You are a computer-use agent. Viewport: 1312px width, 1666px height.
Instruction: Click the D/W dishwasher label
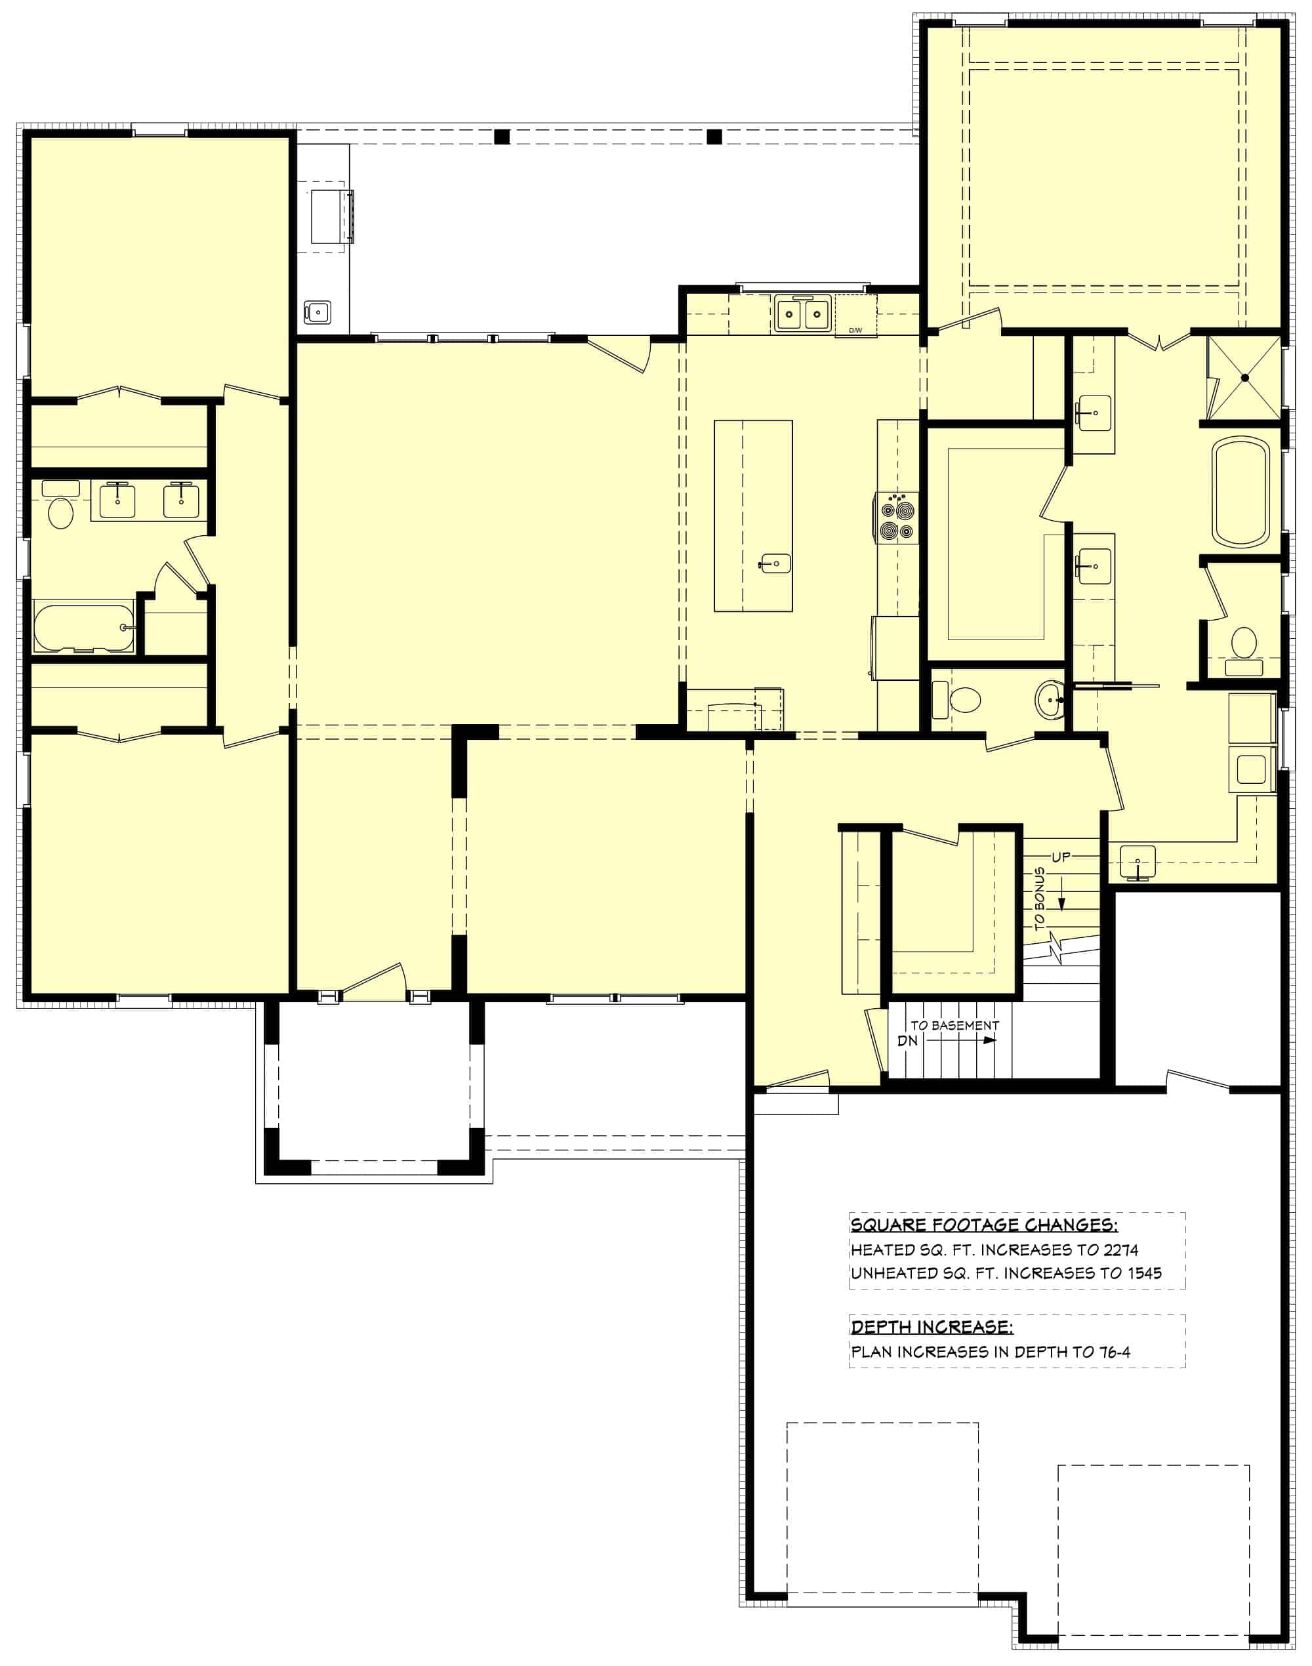pos(855,331)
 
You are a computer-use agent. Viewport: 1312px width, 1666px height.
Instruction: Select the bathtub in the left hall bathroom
pos(83,628)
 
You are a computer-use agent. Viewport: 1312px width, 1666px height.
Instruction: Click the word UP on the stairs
pos(1061,857)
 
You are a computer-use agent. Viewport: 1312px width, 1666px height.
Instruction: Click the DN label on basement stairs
pos(907,1042)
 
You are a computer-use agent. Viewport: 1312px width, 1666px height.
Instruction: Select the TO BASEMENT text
pos(955,1025)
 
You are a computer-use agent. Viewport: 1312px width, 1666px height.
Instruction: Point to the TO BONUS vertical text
pos(1040,899)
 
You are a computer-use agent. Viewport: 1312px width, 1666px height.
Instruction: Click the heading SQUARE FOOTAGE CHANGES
pos(984,1225)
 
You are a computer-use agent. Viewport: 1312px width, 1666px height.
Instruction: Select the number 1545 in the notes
pos(1145,1272)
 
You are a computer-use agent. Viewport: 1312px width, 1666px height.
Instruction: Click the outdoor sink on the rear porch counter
pos(318,312)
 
